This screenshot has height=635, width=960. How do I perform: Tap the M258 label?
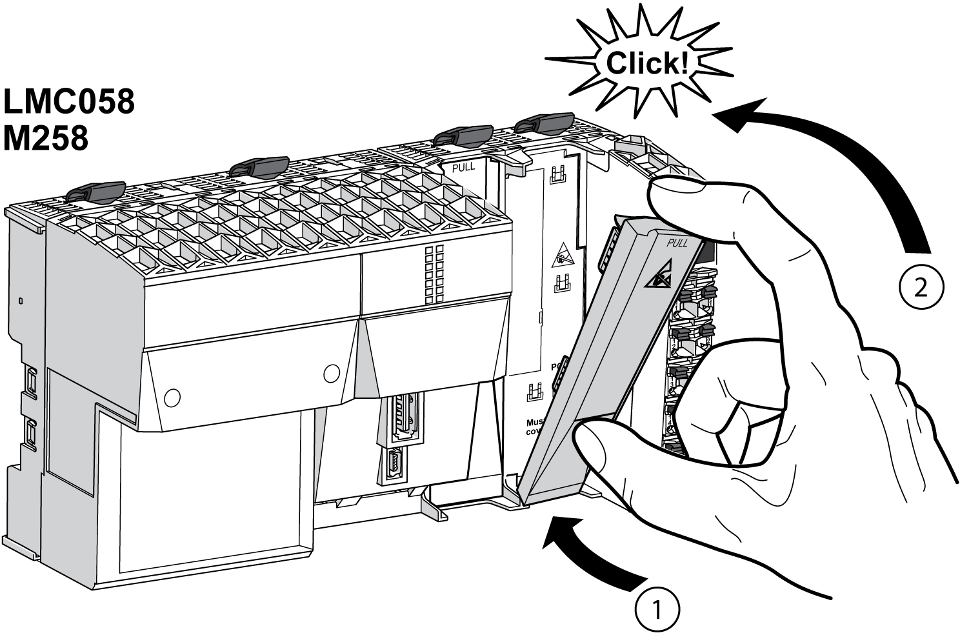coord(45,138)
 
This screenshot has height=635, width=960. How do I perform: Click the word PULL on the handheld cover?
coord(677,244)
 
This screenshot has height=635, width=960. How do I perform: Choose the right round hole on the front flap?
coord(332,372)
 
